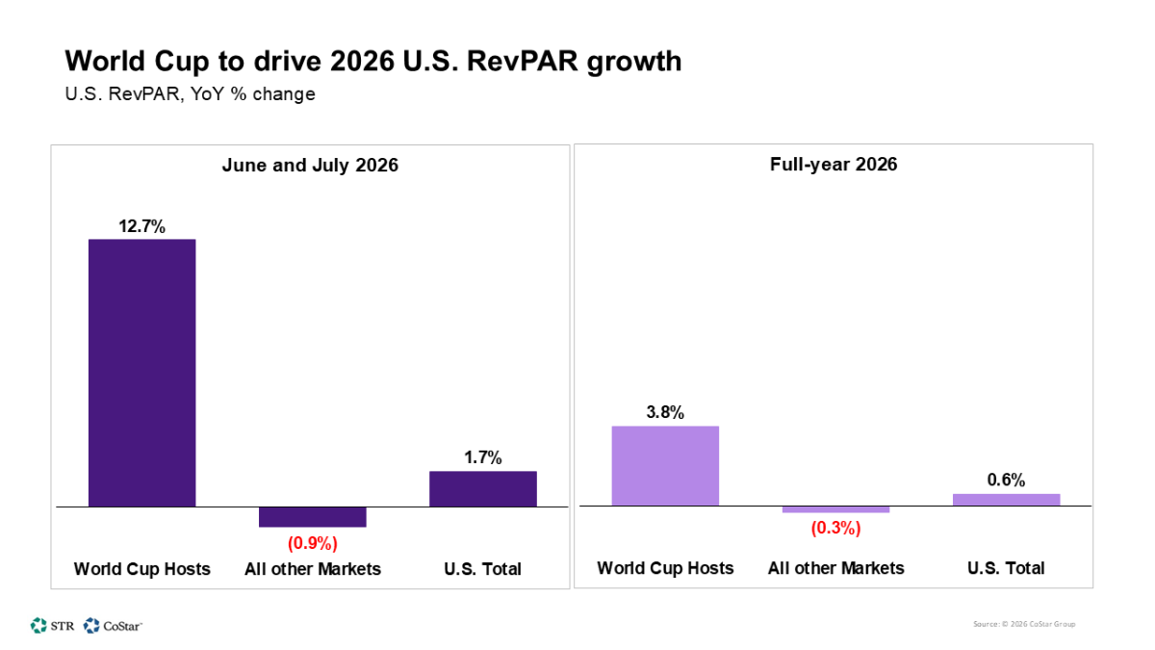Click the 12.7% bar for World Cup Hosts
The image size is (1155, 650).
click(141, 373)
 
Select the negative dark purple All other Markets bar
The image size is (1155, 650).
click(312, 517)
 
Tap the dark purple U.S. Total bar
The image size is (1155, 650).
click(482, 488)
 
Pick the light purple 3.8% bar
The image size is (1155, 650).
click(665, 466)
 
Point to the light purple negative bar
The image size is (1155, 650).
click(835, 509)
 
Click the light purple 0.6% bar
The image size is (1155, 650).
click(1006, 500)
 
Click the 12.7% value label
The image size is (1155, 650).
click(141, 226)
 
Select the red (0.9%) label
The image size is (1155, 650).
click(312, 543)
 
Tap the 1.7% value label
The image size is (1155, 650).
click(482, 458)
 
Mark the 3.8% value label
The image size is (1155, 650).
click(665, 412)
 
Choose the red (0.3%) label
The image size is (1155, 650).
click(835, 528)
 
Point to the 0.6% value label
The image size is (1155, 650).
click(1006, 480)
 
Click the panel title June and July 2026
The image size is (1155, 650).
click(310, 165)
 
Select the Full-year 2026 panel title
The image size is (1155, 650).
click(834, 165)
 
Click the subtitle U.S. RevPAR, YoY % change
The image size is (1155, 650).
click(190, 94)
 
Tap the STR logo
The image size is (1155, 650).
click(52, 625)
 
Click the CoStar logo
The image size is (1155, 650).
click(114, 625)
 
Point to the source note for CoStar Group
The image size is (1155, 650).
click(1024, 624)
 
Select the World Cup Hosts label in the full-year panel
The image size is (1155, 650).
click(665, 568)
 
